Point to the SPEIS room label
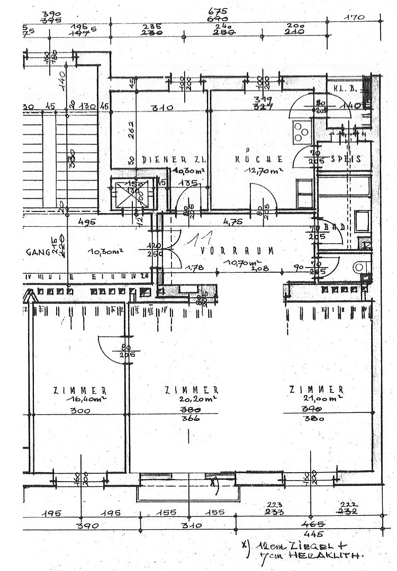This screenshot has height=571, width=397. [x=346, y=159]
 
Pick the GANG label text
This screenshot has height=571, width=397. [x=37, y=252]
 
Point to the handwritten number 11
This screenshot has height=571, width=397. [x=202, y=240]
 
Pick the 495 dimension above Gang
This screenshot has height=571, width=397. [x=87, y=222]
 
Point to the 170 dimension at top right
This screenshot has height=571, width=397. [x=355, y=17]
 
